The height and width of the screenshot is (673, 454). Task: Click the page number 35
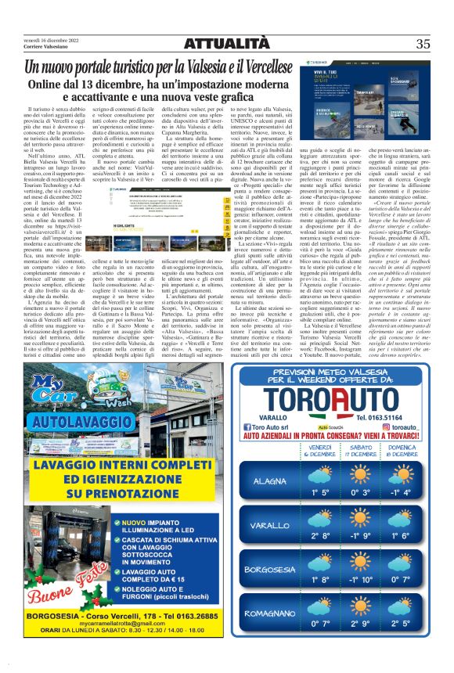pos(423,45)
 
